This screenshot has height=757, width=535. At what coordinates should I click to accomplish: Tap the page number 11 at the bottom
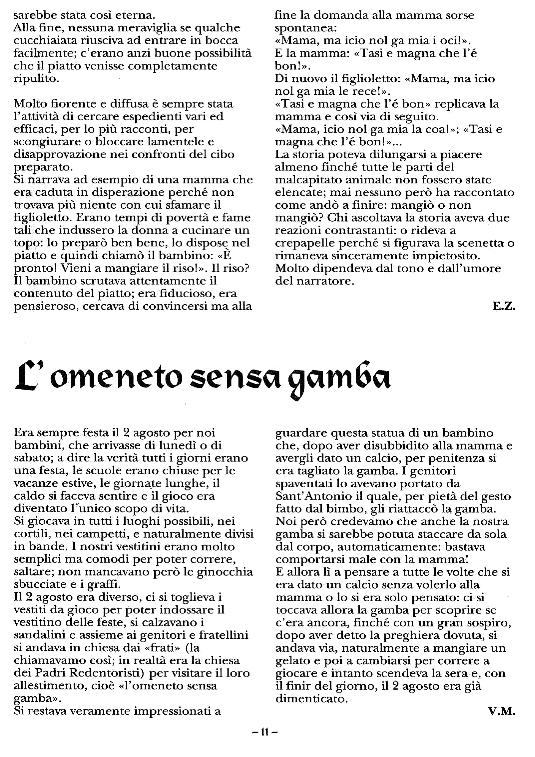[x=264, y=733]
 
